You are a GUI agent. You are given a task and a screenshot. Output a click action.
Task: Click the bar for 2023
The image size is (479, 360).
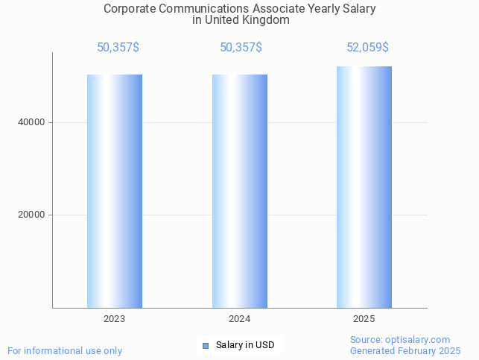pos(115,191)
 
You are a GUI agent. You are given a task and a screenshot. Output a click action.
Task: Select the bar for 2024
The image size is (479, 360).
pos(239,191)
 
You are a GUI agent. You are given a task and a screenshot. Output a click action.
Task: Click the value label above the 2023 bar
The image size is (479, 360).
pos(118,48)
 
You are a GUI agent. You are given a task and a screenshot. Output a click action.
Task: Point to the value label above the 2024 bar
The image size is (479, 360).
pos(241,48)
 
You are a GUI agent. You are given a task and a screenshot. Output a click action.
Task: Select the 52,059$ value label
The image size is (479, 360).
pos(367,48)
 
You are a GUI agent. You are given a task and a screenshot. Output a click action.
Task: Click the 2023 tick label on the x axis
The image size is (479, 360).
pos(115,319)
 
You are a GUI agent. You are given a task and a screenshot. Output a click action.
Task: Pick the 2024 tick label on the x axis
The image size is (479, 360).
pos(239,319)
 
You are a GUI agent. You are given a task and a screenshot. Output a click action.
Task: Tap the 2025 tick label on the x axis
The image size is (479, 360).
pos(364,319)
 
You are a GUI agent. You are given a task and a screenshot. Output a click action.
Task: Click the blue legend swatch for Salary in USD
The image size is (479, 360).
pos(206,345)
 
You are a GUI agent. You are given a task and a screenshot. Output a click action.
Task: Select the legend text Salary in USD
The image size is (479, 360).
pos(245,345)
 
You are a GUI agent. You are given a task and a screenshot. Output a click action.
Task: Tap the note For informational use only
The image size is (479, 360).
pos(65,350)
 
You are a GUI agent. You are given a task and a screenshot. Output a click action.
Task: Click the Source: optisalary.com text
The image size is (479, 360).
pos(400,339)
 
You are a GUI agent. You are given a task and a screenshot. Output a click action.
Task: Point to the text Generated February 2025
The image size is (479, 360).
pos(405,350)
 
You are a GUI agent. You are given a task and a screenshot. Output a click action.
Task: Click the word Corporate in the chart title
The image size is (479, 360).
pos(127,9)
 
